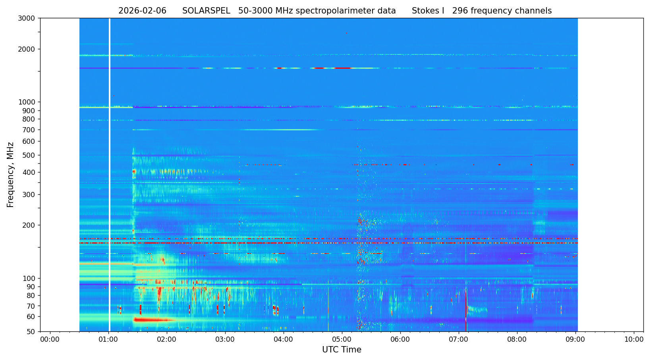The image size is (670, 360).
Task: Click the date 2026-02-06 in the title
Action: click(x=142, y=11)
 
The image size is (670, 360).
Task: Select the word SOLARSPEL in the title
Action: click(x=206, y=11)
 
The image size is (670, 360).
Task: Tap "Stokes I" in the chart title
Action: click(x=428, y=11)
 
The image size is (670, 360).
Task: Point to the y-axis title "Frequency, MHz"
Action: click(x=10, y=174)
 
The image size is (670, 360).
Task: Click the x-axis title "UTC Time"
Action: click(x=342, y=350)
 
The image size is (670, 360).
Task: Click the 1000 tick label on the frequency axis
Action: click(x=27, y=102)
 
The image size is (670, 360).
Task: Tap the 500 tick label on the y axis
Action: click(x=29, y=155)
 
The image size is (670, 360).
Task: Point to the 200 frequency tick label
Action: click(x=29, y=225)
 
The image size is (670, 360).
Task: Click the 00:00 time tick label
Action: click(x=50, y=340)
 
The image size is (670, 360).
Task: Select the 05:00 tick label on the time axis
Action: click(x=342, y=340)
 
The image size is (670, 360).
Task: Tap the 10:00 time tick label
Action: click(x=634, y=340)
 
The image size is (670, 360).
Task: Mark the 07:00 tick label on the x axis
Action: click(x=459, y=340)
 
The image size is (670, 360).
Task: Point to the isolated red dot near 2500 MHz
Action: click(x=346, y=33)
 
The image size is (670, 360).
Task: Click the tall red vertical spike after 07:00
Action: click(x=465, y=306)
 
